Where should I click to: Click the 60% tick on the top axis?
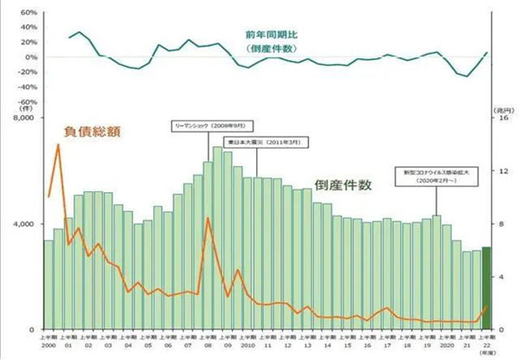click(x=25, y=15)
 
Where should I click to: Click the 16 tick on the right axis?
click(x=501, y=118)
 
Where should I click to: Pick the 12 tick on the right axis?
click(x=501, y=171)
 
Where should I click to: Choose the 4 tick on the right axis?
click(x=501, y=277)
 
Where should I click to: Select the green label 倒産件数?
click(x=344, y=185)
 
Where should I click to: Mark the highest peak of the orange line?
click(x=59, y=145)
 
